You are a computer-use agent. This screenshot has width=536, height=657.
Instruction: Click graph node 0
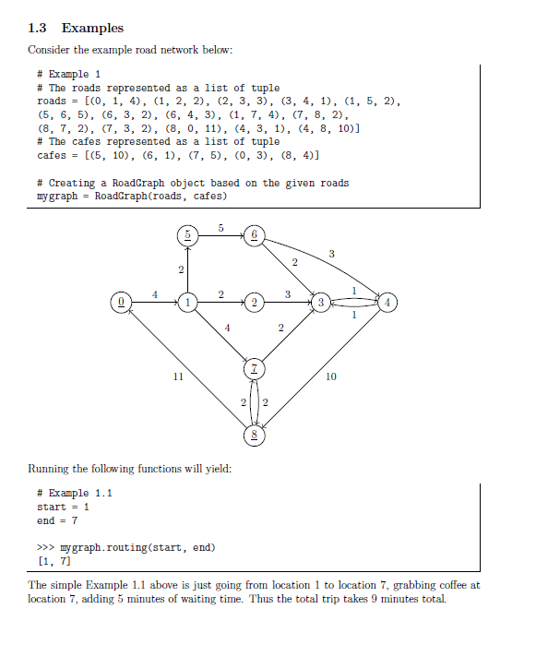point(120,302)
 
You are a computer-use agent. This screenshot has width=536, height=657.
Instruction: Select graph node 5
point(188,236)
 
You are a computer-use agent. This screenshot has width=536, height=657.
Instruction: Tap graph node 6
point(254,236)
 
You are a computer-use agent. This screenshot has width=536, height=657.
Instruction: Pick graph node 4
point(388,302)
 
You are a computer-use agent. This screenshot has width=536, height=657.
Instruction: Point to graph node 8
point(254,434)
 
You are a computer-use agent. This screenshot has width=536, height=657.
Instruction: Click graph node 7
point(254,369)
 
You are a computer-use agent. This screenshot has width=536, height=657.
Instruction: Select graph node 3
point(320,302)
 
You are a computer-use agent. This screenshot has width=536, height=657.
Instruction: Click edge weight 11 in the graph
point(178,376)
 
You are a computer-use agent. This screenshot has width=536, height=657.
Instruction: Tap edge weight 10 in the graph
point(331,376)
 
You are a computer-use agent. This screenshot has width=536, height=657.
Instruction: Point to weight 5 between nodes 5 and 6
point(221,227)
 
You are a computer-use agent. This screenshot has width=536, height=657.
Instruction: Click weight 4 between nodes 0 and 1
point(154,293)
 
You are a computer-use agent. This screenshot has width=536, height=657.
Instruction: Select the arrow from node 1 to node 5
point(188,269)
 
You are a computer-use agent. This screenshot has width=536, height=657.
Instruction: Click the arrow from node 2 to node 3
point(287,302)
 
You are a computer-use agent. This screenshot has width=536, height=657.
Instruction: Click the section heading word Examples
point(92,29)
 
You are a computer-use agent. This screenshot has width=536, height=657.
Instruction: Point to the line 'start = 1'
point(63,508)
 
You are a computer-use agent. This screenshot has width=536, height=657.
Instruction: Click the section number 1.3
point(39,29)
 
